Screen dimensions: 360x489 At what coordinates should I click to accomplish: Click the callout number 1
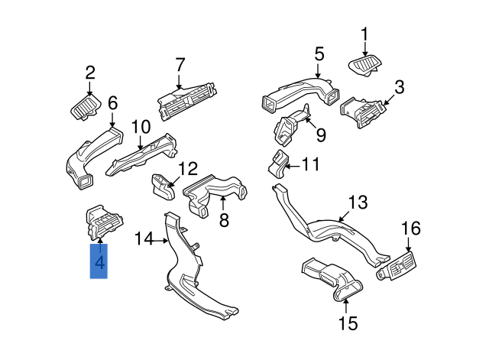point(364,34)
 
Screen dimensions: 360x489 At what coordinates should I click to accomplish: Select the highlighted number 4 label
point(99,264)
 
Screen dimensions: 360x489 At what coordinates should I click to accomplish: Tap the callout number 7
point(180,64)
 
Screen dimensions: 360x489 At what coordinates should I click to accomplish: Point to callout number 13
point(358,203)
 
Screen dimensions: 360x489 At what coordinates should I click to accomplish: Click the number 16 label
point(411,229)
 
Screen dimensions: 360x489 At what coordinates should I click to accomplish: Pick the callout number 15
point(348,323)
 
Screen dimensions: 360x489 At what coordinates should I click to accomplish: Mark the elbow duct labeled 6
point(88,159)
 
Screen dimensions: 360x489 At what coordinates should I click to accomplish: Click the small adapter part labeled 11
point(278,162)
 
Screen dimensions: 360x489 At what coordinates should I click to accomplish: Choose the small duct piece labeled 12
point(161,184)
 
